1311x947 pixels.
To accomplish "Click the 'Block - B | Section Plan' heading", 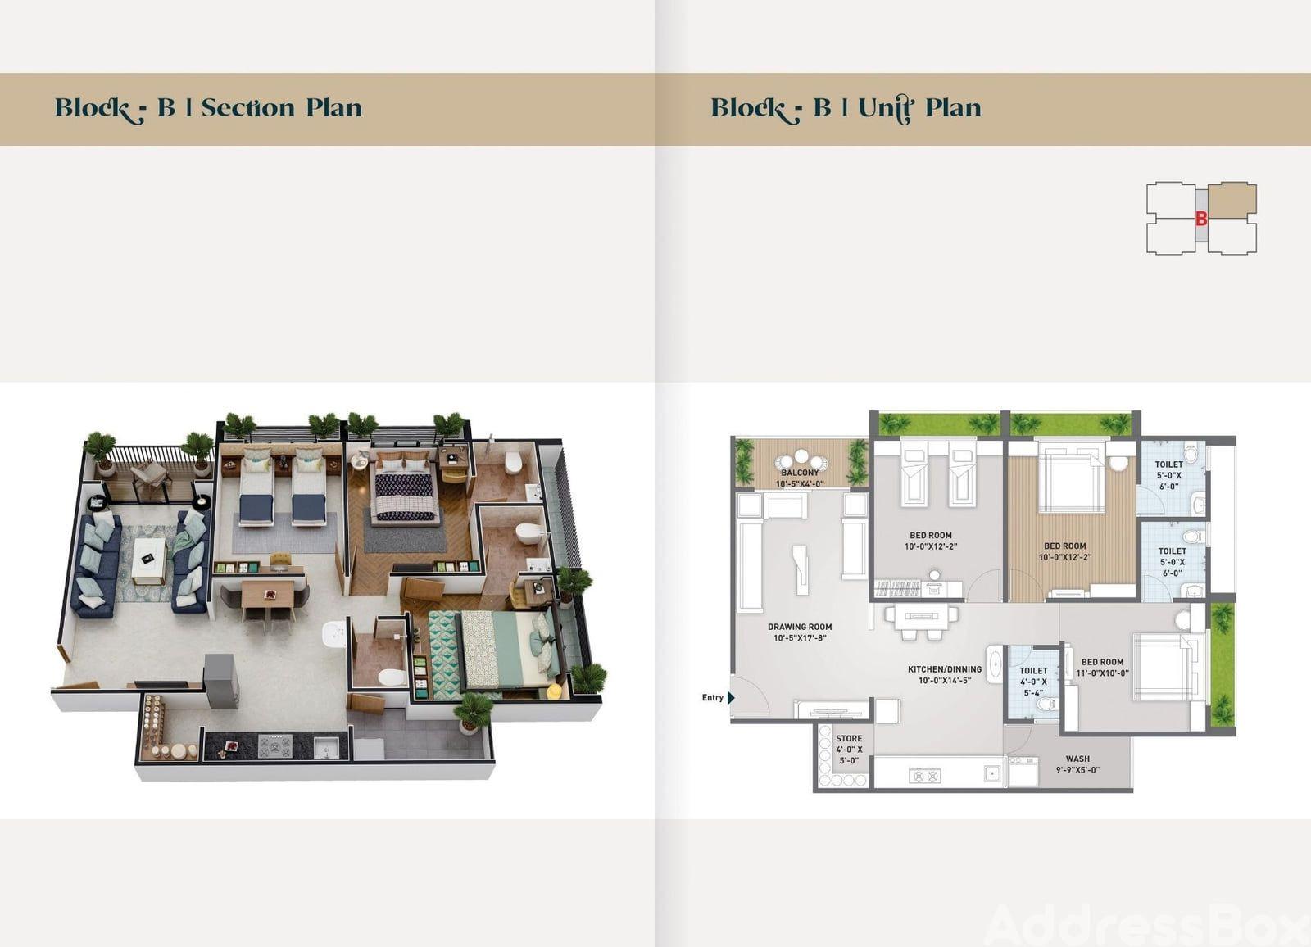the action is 208,109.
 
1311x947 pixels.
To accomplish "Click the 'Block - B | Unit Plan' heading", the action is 846,109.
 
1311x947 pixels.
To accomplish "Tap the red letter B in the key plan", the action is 1201,219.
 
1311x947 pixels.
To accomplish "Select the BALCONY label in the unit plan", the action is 800,473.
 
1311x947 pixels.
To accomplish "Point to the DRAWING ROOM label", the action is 800,627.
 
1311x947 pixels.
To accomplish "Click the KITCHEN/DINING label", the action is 945,669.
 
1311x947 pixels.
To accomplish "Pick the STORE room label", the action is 849,739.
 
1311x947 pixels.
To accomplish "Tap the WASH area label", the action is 1077,759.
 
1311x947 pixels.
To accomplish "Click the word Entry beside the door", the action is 712,698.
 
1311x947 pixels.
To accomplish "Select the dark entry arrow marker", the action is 730,698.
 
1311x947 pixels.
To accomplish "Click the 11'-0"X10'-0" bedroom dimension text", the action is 1102,673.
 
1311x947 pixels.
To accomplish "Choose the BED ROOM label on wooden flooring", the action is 1064,546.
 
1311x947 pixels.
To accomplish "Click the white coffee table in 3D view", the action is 147,560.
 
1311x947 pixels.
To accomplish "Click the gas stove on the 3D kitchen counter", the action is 275,746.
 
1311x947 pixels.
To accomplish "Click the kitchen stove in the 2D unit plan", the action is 926,776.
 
